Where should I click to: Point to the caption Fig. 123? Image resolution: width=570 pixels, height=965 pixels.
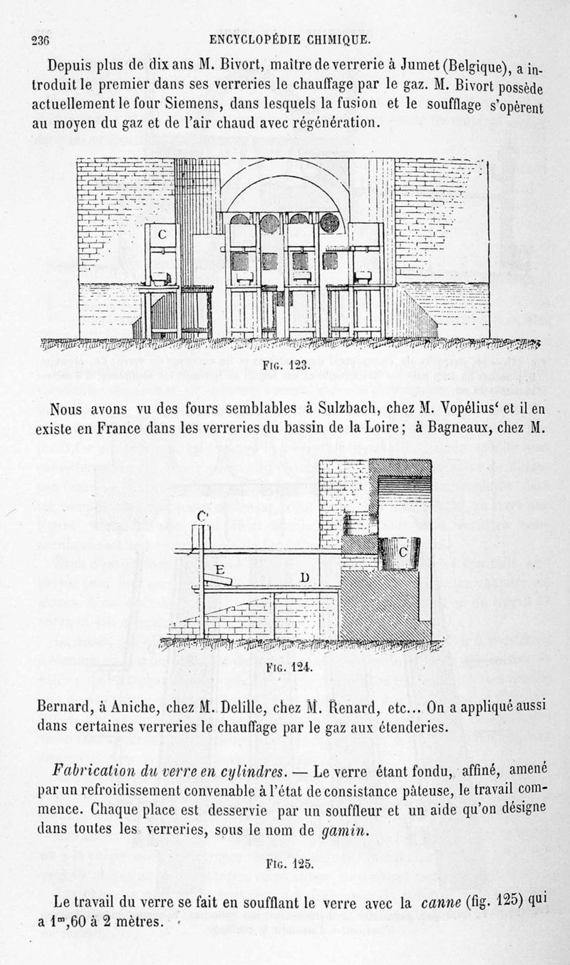click(x=279, y=365)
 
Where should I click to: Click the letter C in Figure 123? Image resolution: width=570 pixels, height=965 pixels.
click(x=162, y=234)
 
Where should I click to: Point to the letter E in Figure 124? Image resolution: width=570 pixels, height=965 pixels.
click(x=221, y=571)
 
